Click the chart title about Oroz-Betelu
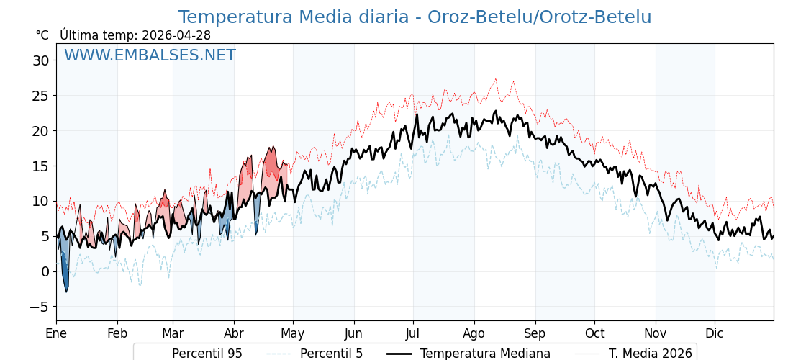pos(415,17)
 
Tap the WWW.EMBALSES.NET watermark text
pos(150,55)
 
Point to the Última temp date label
pos(135,35)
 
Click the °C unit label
pos(42,35)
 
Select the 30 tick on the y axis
pos(40,60)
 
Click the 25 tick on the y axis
pos(40,96)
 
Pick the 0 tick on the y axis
pos(45,271)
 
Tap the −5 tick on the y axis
pos(40,307)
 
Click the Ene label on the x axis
pos(56,333)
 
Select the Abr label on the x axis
pos(234,333)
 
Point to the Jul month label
pos(413,333)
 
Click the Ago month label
pos(474,333)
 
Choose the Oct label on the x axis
pos(594,333)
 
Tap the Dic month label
pos(715,333)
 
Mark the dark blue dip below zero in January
pos(65,281)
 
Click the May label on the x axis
pos(293,333)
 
